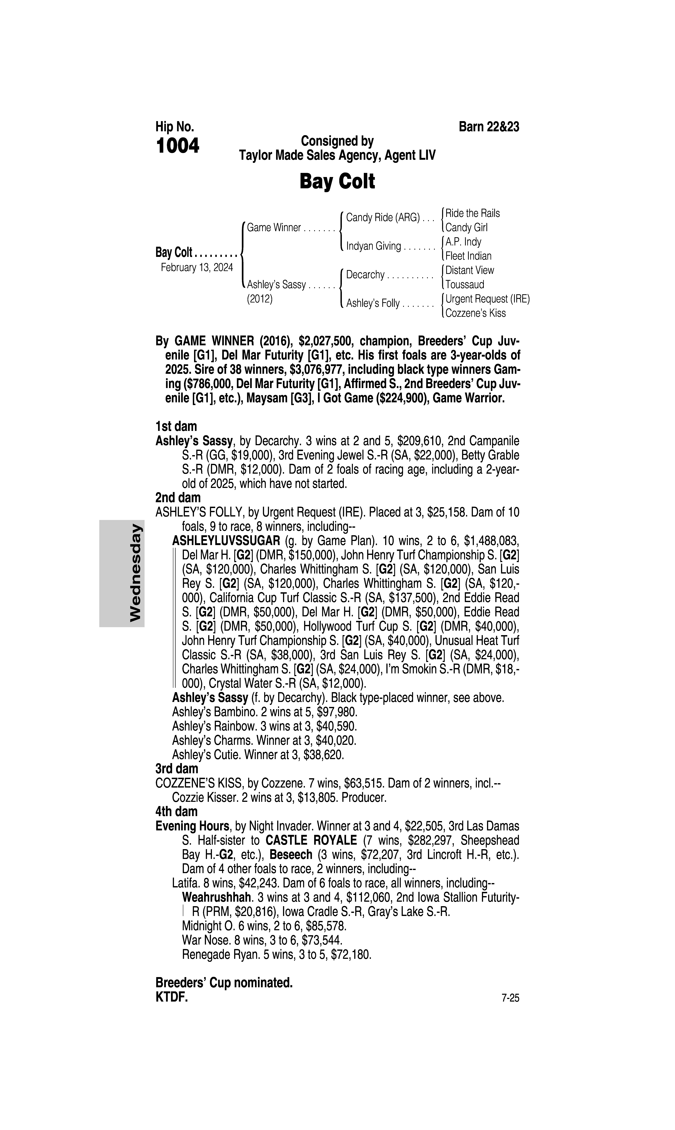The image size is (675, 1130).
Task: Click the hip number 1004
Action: click(177, 146)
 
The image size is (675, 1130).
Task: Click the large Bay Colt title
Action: click(337, 182)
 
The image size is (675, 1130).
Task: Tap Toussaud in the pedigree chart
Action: click(464, 285)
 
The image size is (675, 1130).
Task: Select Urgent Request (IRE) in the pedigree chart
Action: click(487, 299)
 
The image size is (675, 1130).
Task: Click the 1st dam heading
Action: click(176, 427)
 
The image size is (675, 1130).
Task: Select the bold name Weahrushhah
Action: click(217, 897)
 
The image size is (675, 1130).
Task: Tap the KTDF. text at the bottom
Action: click(171, 997)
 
